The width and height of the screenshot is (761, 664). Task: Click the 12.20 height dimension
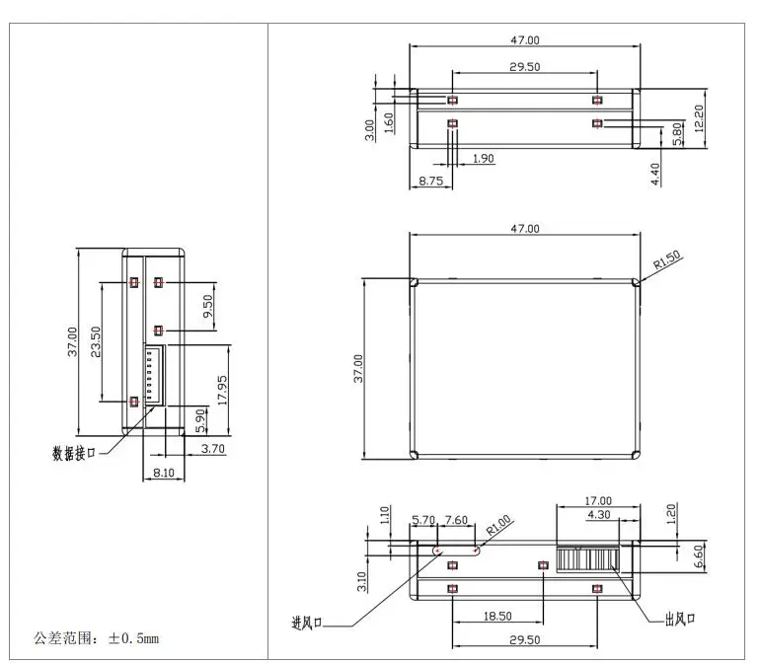[x=699, y=118]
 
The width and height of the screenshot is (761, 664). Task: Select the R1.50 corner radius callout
[x=667, y=259]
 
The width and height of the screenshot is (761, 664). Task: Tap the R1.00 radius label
[x=498, y=525]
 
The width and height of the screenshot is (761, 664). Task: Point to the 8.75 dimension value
[x=431, y=181]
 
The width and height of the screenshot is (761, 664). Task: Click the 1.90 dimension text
[x=483, y=159]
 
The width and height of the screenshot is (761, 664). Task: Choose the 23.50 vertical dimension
[x=96, y=342]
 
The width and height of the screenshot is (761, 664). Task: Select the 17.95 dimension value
[x=222, y=391]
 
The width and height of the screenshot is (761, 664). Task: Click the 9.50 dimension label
[x=207, y=307]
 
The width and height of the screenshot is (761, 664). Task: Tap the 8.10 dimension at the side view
[x=164, y=473]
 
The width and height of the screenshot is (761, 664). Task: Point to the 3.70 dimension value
[x=213, y=449]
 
